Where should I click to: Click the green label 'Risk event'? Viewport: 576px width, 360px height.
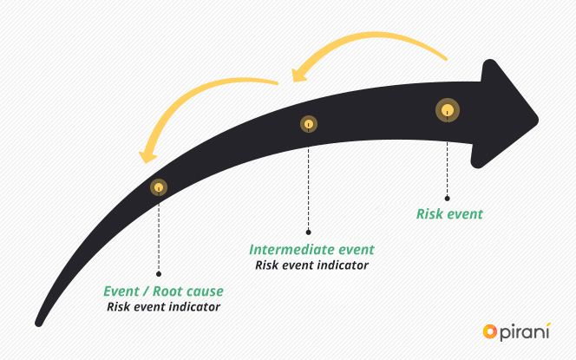(449, 213)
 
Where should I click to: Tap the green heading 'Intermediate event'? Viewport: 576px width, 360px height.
(311, 250)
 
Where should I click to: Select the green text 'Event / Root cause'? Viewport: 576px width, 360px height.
(163, 291)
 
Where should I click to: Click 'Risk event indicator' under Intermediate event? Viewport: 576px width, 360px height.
(311, 265)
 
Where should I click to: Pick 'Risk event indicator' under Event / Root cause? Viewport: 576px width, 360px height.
(163, 306)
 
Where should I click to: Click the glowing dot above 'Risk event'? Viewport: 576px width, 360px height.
(447, 110)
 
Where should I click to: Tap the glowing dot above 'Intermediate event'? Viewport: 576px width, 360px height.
(308, 125)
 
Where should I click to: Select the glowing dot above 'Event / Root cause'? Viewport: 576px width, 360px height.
(159, 187)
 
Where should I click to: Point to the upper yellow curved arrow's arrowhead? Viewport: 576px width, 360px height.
(299, 74)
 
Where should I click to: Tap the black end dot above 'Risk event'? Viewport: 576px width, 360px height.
(448, 197)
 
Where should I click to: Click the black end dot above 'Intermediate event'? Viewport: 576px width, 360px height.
(309, 232)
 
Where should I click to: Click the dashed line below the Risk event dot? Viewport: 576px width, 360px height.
(448, 160)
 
